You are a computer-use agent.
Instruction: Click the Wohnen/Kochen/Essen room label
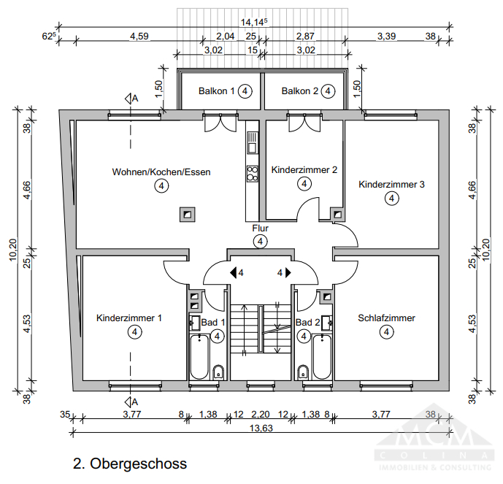tap(161, 172)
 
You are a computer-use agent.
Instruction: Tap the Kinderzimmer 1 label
tap(129, 318)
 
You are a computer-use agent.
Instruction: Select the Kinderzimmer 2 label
tap(304, 169)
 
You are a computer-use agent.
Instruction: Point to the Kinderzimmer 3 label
tap(391, 185)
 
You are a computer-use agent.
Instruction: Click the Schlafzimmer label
tap(386, 318)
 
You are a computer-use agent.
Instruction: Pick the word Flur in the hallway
tap(260, 228)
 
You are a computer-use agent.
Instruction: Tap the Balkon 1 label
tap(217, 91)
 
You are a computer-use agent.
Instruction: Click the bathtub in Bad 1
tap(199, 358)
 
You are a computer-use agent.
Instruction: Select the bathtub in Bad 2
tap(322, 358)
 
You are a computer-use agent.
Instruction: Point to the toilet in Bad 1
tap(218, 372)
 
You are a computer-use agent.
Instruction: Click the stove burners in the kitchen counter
tap(253, 173)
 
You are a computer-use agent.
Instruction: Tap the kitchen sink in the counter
tap(253, 145)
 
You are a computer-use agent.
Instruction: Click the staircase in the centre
tap(261, 328)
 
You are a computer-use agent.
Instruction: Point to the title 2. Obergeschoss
tap(130, 464)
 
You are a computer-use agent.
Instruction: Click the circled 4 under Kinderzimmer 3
tap(391, 198)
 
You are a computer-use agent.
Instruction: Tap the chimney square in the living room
tap(188, 214)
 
